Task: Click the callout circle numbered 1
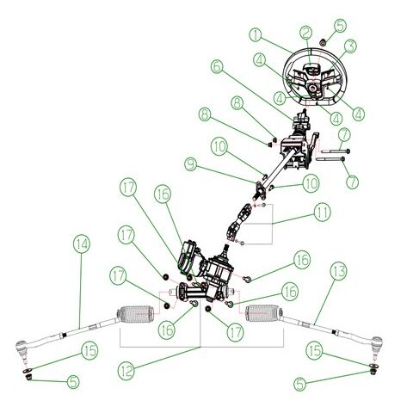(255, 35)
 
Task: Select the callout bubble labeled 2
(305, 34)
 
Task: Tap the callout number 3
(350, 46)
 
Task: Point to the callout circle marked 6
(216, 65)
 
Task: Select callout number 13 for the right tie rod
(339, 271)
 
